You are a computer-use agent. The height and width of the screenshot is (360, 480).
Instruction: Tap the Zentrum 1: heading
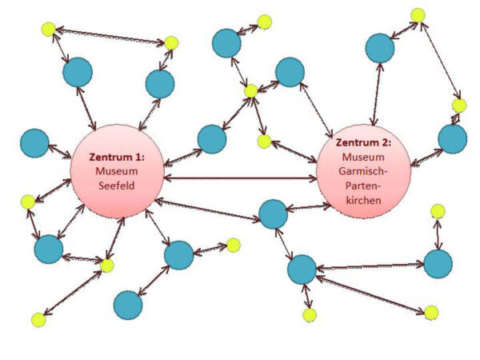pyautogui.click(x=117, y=158)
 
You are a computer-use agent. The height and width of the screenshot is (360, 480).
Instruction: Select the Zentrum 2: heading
pyautogui.click(x=364, y=142)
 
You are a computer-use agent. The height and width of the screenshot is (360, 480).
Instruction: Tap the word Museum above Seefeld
pyautogui.click(x=117, y=171)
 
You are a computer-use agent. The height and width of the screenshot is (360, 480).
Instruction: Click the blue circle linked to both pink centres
pyautogui.click(x=274, y=214)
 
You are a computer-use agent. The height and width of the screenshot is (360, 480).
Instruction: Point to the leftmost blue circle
pyautogui.click(x=34, y=144)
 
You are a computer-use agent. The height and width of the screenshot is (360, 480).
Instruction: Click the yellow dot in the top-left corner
pyautogui.click(x=48, y=30)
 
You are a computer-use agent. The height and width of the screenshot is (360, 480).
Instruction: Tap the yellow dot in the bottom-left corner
pyautogui.click(x=38, y=319)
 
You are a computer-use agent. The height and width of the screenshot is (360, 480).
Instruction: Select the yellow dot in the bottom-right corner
pyautogui.click(x=431, y=311)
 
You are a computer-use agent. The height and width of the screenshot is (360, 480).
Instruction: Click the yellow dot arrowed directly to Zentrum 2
pyautogui.click(x=264, y=142)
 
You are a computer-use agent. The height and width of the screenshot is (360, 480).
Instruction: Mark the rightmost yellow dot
pyautogui.click(x=458, y=106)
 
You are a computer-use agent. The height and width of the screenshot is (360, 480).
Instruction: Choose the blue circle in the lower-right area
pyautogui.click(x=438, y=263)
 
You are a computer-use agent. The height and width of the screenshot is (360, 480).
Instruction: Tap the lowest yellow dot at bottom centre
pyautogui.click(x=310, y=314)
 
